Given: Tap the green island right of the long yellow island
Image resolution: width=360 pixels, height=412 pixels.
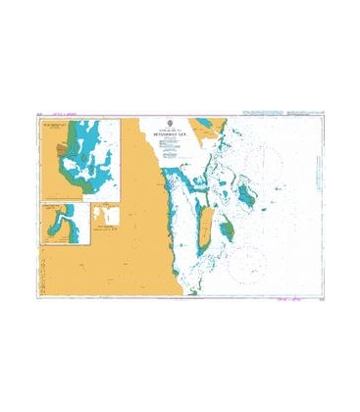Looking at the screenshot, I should coord(227,232).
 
